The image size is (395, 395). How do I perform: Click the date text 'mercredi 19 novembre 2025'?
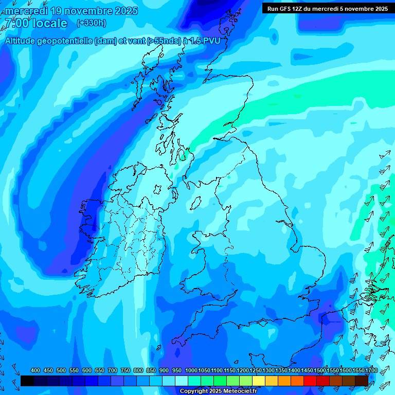(x=71, y=11)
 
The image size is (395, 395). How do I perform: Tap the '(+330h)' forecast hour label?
(x=92, y=23)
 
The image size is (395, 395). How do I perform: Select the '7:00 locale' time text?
(x=36, y=23)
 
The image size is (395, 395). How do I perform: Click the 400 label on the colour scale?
(x=35, y=370)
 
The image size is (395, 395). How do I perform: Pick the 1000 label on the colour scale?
(x=191, y=370)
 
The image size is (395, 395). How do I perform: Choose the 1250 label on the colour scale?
(x=256, y=370)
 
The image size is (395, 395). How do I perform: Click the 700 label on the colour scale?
(x=113, y=370)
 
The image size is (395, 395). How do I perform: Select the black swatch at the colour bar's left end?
(x=27, y=381)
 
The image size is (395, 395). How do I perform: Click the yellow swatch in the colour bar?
(x=259, y=381)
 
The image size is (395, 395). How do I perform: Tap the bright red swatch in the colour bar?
(x=310, y=381)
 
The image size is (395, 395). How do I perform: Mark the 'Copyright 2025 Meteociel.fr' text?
(x=218, y=391)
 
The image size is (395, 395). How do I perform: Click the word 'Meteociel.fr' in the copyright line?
(x=240, y=391)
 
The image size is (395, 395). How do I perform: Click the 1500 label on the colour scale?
(x=320, y=370)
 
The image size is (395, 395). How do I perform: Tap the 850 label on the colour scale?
(x=151, y=370)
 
